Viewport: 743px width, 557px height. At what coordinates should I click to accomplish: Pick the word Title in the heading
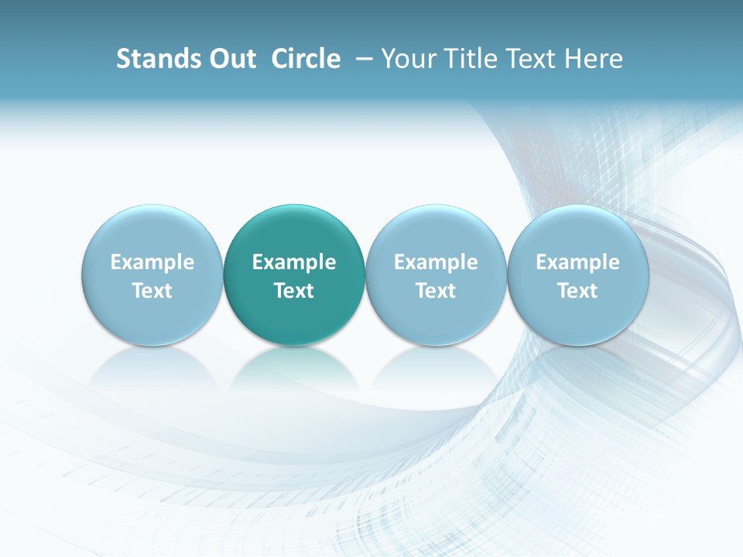(468, 59)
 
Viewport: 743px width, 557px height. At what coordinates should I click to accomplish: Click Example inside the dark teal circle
(294, 262)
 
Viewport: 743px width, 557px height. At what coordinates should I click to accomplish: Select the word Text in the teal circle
(294, 291)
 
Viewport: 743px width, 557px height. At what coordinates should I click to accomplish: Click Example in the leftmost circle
(152, 262)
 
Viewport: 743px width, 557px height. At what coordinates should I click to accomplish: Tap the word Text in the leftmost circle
(152, 291)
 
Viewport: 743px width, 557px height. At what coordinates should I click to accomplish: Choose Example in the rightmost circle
(577, 262)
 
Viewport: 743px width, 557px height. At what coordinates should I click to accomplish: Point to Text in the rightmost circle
(577, 291)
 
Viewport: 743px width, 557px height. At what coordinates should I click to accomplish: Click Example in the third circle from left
(436, 262)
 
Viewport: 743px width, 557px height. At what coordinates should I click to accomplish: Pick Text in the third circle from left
(436, 291)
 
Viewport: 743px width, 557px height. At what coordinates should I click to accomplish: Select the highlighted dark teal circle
(294, 232)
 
